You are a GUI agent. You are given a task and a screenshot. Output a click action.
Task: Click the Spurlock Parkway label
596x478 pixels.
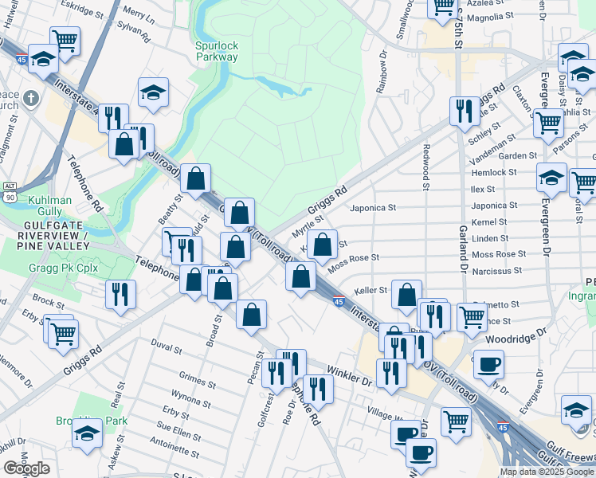(x=217, y=52)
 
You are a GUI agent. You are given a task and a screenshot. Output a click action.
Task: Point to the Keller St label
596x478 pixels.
(x=371, y=291)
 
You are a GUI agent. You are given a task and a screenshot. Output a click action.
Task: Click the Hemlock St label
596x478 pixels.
(x=494, y=172)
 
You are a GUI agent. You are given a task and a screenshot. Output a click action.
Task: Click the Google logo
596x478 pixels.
(x=26, y=468)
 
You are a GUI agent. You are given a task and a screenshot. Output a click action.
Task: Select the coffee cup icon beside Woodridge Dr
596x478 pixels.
(x=488, y=364)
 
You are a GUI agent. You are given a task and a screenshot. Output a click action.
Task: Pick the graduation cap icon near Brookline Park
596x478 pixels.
(x=86, y=433)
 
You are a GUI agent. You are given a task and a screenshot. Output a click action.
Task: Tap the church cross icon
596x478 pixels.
(x=30, y=99)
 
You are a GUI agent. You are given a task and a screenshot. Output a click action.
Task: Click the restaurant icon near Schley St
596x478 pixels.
(x=462, y=110)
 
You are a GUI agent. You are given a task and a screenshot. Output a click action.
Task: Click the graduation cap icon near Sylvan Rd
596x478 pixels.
(x=153, y=92)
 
